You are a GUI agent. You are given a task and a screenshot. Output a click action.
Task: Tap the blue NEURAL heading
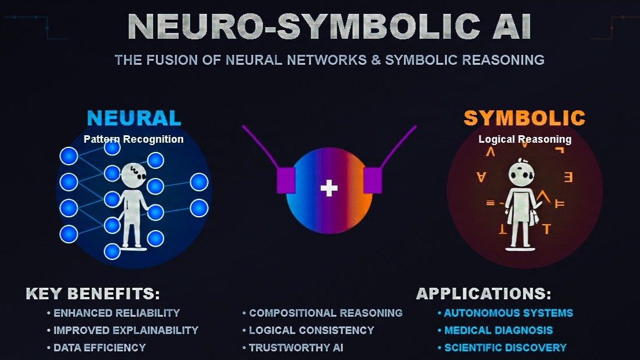[x=134, y=118]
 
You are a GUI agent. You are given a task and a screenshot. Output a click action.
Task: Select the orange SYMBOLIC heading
[x=524, y=118]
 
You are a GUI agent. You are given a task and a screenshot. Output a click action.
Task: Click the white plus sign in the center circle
[x=329, y=188]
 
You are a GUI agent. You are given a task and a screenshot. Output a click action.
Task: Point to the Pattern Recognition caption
[x=134, y=139]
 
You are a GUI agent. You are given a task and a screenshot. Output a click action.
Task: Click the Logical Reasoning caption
[x=524, y=139]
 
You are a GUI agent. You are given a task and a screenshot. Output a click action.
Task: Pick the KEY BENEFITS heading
[x=93, y=294]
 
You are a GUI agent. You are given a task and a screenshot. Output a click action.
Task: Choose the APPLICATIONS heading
[x=483, y=294]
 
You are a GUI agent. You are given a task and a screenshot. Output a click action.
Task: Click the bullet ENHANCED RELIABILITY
[x=116, y=313]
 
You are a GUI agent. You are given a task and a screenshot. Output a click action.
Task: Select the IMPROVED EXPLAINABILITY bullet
[x=125, y=330]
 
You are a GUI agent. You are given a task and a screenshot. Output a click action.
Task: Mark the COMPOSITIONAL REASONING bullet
[x=325, y=313]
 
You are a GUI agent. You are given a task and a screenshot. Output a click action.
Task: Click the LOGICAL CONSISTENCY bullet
[x=311, y=330]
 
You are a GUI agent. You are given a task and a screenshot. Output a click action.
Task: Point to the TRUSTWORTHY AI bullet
[x=296, y=347]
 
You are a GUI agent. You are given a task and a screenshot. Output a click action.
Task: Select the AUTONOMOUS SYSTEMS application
[x=508, y=313]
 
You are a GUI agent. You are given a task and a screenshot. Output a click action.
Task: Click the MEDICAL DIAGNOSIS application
[x=498, y=330]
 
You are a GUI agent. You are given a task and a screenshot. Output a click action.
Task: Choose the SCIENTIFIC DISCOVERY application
[x=505, y=347]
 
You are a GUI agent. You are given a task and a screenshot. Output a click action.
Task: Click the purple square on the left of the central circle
[x=286, y=180]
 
